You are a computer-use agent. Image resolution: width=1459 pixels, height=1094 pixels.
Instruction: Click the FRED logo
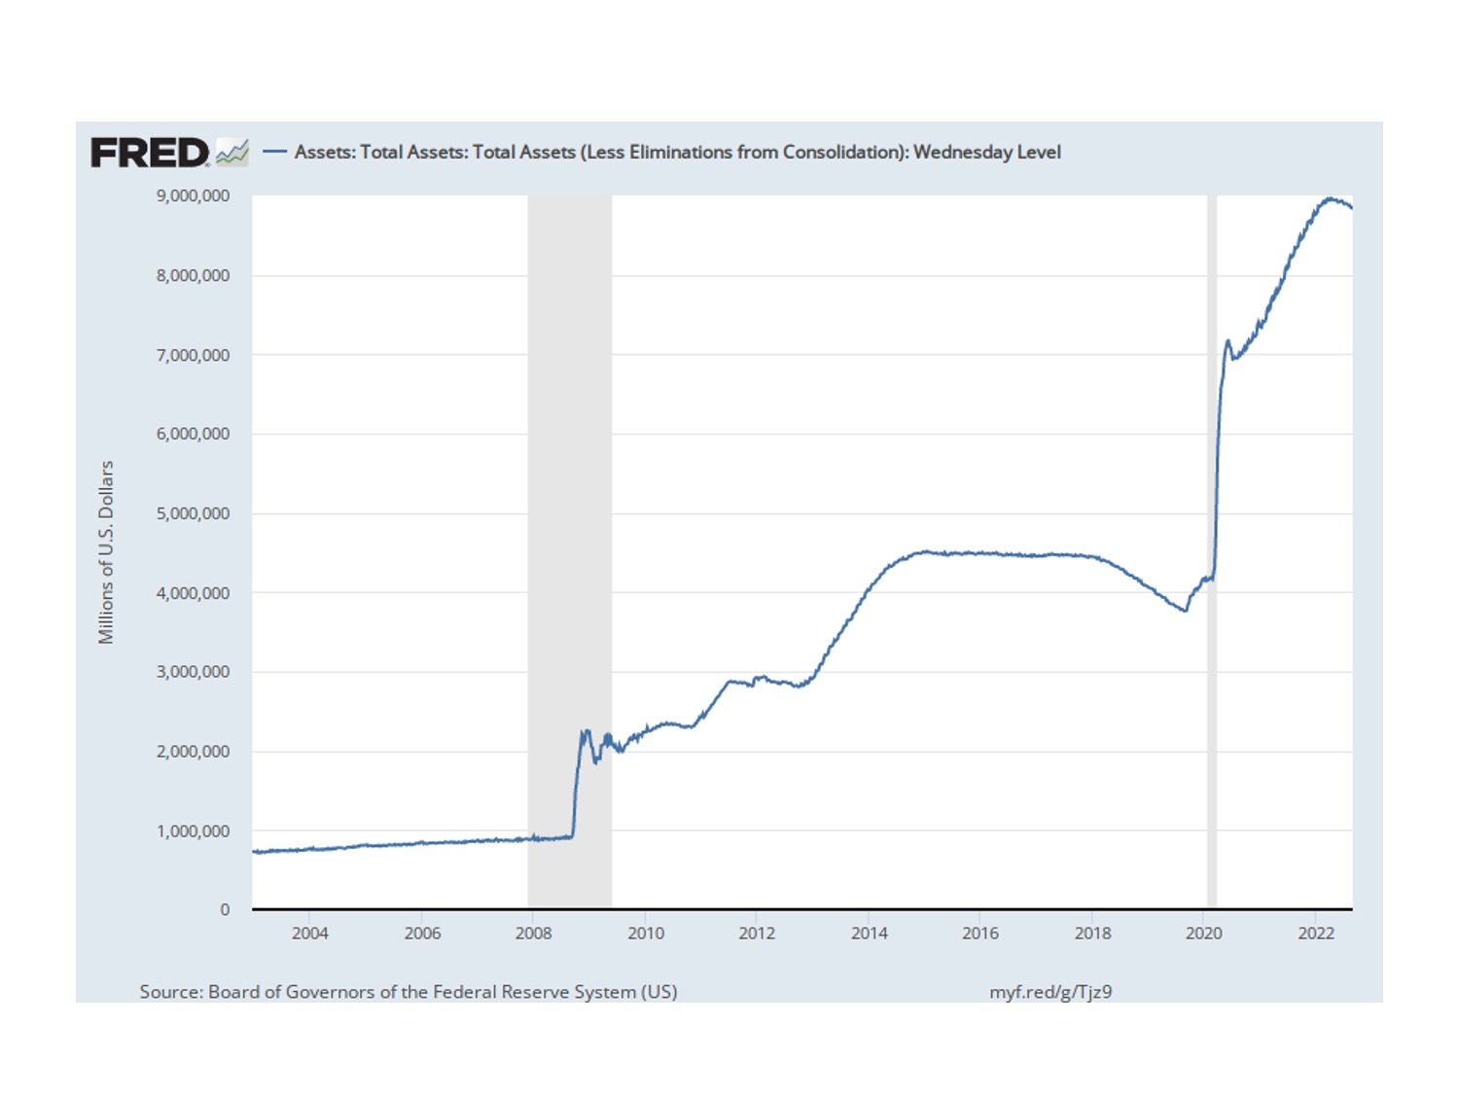tap(150, 153)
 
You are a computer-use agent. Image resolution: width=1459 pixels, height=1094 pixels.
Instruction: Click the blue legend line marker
tap(275, 152)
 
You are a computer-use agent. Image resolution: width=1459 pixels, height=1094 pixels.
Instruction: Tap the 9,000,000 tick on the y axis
tap(193, 196)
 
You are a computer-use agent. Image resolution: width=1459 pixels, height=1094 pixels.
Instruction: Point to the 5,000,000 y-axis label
tap(193, 513)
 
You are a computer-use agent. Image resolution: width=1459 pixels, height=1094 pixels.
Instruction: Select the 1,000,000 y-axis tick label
tap(193, 831)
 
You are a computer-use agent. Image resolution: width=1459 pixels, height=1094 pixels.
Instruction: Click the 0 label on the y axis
tap(225, 910)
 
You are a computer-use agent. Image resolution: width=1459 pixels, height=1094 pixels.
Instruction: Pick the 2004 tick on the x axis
tap(310, 934)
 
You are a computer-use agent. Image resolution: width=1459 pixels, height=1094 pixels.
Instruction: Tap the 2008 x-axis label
tap(533, 934)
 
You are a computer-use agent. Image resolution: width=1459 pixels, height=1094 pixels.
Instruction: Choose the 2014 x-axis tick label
tap(869, 934)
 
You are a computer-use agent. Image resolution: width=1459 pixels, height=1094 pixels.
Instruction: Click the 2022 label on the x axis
tap(1315, 934)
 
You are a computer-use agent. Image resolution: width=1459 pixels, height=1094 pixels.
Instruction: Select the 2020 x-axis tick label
tap(1203, 934)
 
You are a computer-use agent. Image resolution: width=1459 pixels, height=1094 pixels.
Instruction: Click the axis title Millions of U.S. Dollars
tap(106, 552)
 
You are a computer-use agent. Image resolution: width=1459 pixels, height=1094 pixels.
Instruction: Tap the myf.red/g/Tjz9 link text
tap(1050, 992)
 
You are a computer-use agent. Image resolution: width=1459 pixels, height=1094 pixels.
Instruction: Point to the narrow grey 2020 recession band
tap(1212, 486)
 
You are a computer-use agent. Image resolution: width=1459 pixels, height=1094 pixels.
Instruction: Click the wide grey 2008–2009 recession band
tap(569, 486)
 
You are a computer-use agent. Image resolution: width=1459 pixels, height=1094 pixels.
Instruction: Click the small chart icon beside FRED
tap(231, 153)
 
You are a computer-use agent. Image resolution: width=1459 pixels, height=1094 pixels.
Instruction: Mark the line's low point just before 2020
tap(1185, 611)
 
